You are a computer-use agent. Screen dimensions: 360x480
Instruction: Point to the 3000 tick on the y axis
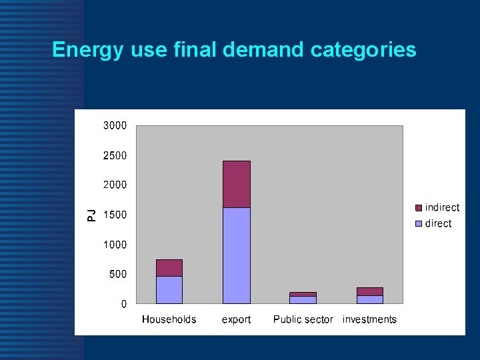tap(115, 125)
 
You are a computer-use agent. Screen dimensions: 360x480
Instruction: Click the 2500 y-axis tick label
tap(115, 155)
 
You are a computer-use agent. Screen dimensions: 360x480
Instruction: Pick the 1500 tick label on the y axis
tap(115, 215)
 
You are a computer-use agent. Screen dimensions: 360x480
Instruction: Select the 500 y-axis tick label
tap(118, 274)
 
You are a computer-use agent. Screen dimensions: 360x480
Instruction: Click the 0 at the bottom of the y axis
tap(123, 304)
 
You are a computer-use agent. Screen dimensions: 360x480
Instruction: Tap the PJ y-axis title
tap(92, 215)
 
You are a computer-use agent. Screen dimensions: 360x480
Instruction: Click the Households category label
tap(169, 319)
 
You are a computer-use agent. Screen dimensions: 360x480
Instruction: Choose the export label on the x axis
tap(236, 319)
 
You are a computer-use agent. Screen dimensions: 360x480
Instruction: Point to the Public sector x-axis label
tap(303, 319)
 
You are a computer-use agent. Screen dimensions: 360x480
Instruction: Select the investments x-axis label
tap(369, 319)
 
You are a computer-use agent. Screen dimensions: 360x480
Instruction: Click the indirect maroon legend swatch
tap(418, 208)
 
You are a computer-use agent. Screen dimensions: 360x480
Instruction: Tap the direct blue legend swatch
tap(418, 224)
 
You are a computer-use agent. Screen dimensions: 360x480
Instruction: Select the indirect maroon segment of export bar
tap(236, 184)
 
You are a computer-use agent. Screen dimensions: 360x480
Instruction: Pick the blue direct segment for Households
tap(169, 290)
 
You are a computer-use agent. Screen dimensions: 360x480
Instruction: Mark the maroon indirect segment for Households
tap(169, 268)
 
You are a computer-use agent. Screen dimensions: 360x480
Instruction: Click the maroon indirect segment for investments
tap(369, 291)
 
